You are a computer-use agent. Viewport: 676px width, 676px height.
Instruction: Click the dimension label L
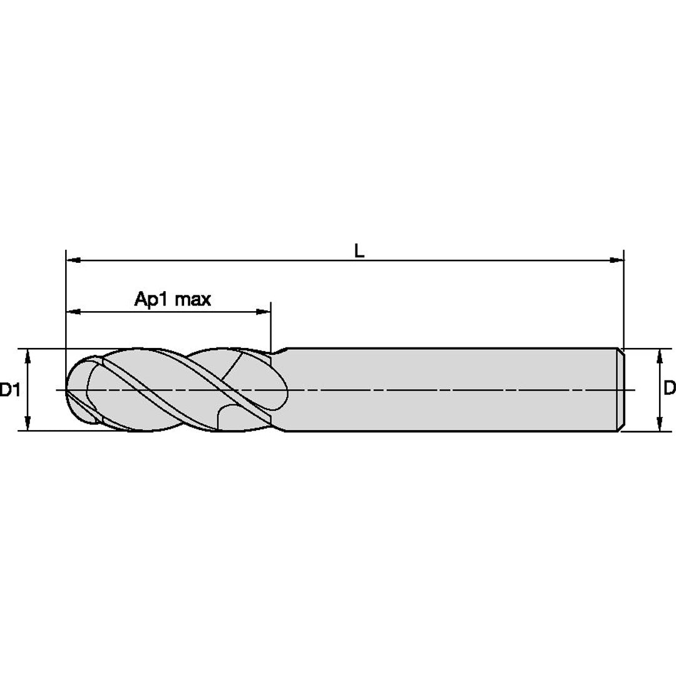coord(359,250)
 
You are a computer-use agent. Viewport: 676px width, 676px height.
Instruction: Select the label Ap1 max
coord(173,299)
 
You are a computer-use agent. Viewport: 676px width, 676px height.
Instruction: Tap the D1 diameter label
coord(9,391)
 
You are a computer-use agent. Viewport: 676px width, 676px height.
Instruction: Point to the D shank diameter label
coord(669,389)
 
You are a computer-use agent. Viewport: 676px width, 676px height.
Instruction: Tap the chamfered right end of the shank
coord(622,389)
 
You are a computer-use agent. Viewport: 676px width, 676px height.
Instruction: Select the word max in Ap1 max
coord(193,299)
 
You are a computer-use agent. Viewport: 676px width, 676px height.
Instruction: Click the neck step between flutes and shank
coord(279,351)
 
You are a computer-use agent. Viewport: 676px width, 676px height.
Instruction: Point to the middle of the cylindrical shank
coord(451,389)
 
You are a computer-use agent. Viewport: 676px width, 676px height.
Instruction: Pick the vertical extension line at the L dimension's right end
coord(624,300)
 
